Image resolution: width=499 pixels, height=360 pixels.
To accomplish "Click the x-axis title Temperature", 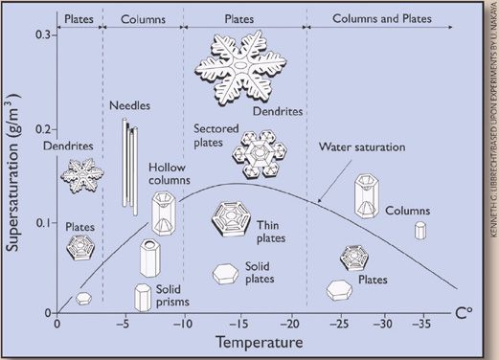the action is point(260,341).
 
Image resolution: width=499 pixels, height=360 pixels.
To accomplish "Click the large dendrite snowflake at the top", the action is point(243,66).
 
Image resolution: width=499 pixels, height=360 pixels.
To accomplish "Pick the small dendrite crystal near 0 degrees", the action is point(83,174).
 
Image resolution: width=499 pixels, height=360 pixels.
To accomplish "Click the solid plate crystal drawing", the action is point(226,274).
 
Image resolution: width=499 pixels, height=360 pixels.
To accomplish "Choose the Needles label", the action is point(130,107).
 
